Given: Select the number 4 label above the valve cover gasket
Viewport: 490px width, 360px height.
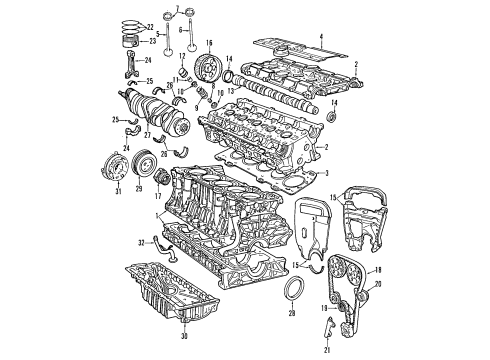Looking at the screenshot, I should tap(321, 37).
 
